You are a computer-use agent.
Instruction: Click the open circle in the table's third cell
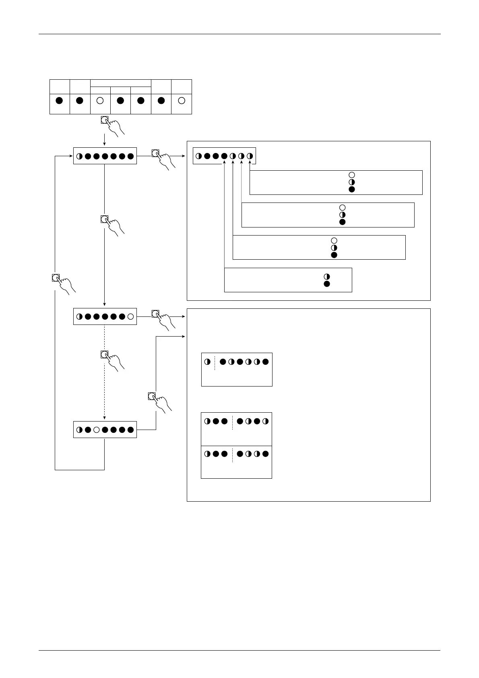click(x=100, y=101)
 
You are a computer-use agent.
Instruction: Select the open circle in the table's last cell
click(x=182, y=101)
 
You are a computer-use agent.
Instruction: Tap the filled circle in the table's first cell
click(x=59, y=101)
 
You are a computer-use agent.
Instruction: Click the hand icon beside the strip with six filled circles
click(x=163, y=159)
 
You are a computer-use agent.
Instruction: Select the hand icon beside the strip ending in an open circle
click(x=163, y=320)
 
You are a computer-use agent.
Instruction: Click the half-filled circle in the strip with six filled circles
click(x=79, y=156)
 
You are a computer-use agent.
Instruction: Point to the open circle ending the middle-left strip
click(x=130, y=317)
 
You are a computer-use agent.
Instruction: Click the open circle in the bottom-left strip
click(x=97, y=430)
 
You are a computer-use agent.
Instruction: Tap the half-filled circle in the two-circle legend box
click(x=327, y=277)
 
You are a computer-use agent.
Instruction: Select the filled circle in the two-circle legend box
click(x=327, y=284)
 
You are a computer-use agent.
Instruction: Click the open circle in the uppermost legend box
click(x=352, y=175)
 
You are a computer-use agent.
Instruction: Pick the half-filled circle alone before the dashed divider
click(x=207, y=362)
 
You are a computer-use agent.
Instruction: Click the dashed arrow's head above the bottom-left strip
click(x=105, y=419)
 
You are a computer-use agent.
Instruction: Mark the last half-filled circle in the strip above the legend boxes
click(x=250, y=156)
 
